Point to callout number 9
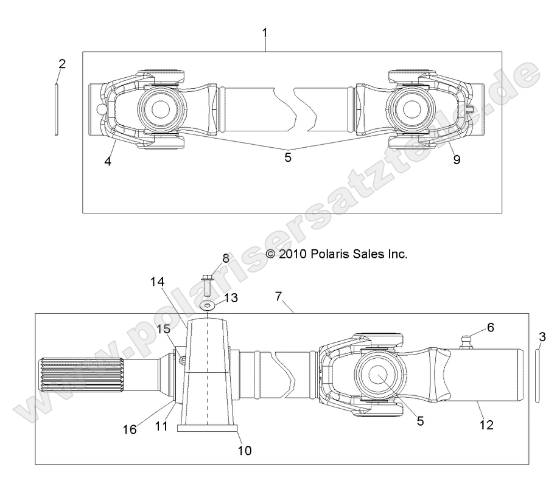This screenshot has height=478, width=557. tap(456, 160)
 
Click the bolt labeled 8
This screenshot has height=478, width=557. tap(207, 285)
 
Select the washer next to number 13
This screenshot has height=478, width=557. tap(207, 305)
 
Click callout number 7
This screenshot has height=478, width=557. tap(279, 296)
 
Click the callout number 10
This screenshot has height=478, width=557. tap(243, 451)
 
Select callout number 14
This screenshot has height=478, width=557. tap(158, 282)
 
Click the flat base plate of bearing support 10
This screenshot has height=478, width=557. tap(207, 428)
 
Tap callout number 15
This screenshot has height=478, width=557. tap(164, 329)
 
